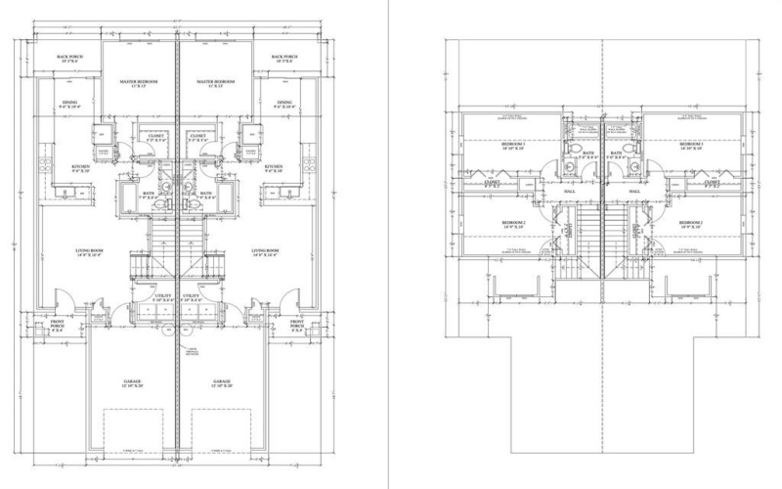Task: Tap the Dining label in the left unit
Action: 70,105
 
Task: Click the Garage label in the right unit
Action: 222,383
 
